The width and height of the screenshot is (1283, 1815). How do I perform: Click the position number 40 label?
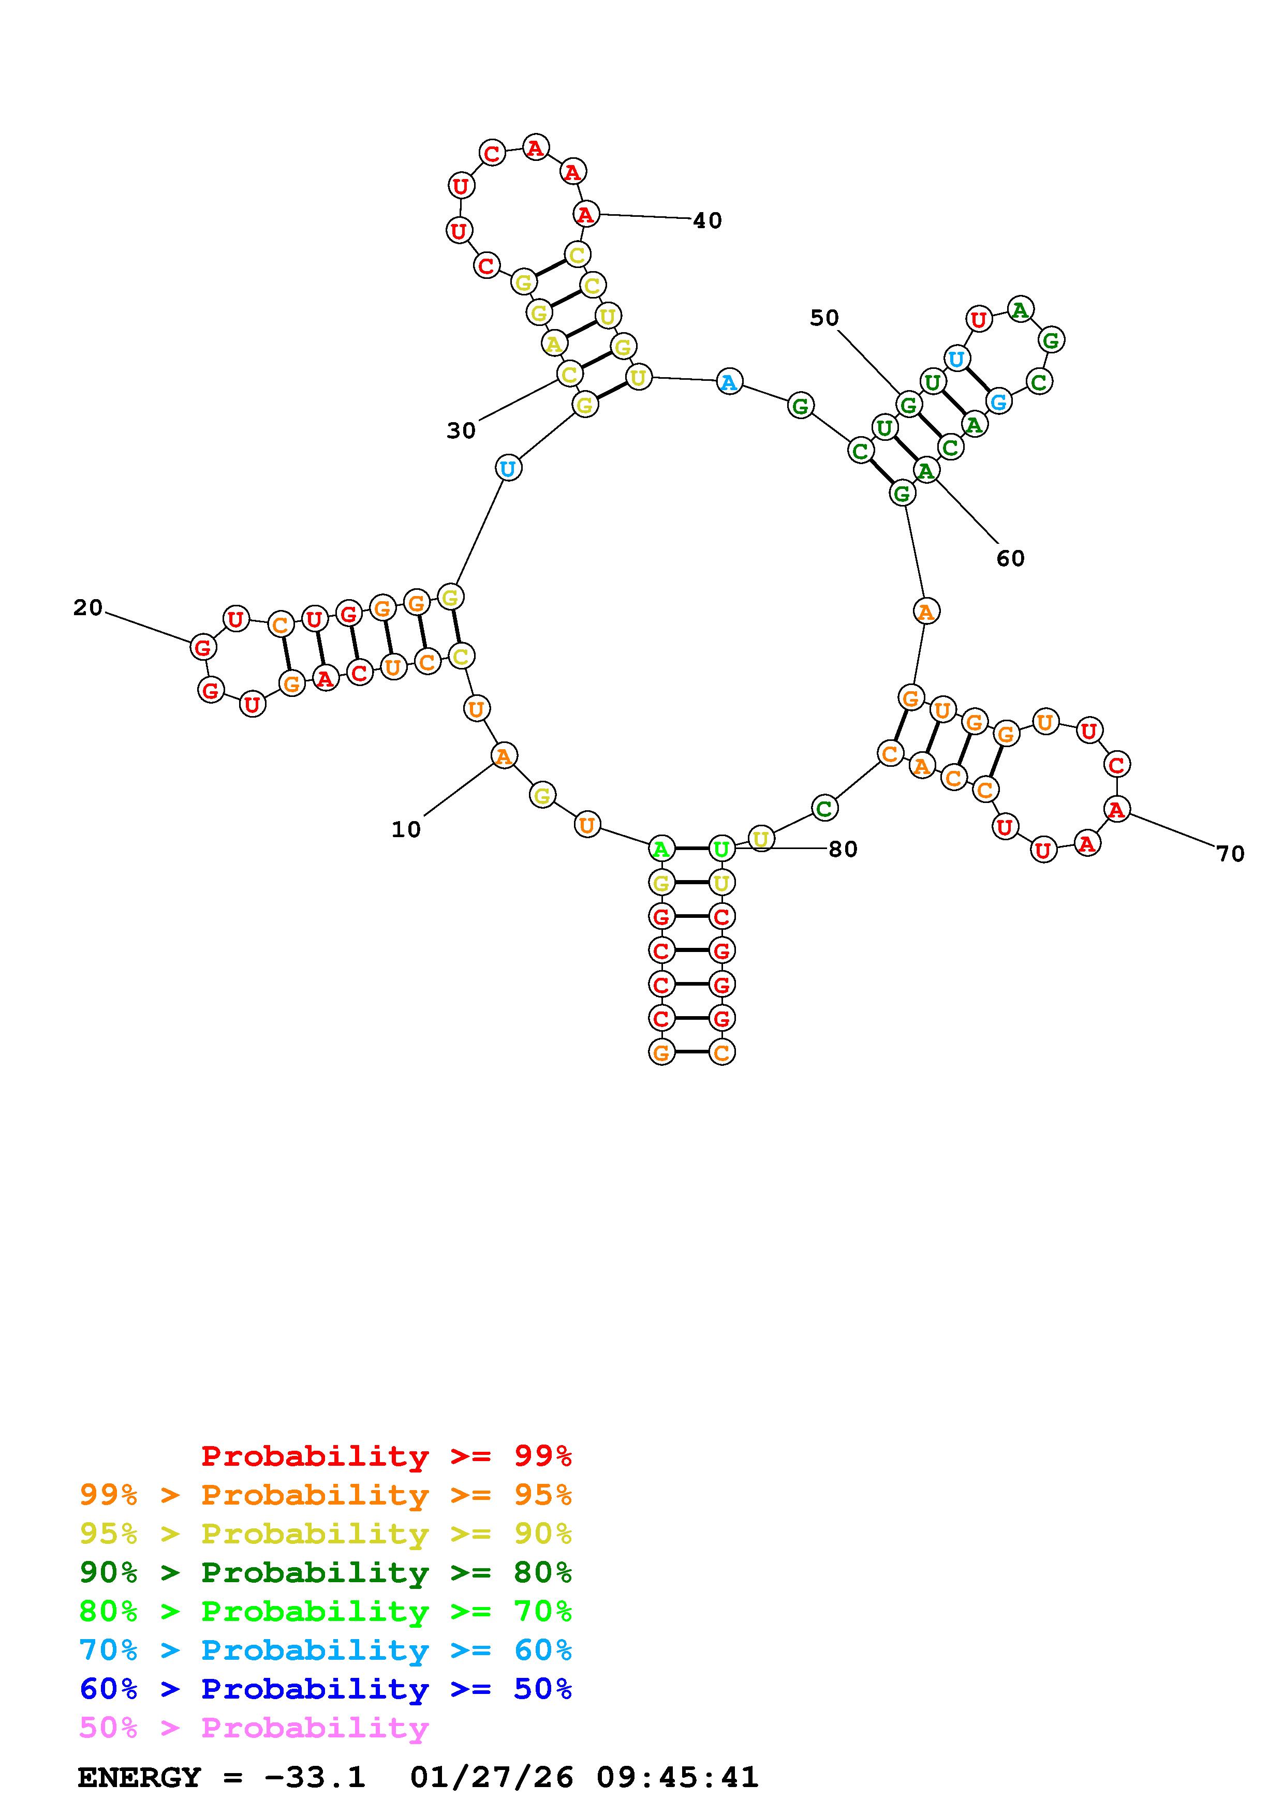click(x=707, y=220)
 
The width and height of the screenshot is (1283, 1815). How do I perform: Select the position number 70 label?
click(x=1230, y=854)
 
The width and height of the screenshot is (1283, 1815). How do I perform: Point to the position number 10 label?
click(x=406, y=829)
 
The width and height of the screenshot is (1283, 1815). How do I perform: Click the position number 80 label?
click(x=843, y=849)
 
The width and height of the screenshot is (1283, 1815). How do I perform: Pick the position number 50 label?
click(x=824, y=318)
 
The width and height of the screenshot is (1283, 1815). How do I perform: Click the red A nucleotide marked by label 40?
click(x=585, y=214)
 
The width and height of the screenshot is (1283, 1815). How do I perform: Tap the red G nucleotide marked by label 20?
click(x=203, y=647)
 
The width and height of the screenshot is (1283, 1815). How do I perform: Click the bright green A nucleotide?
click(x=661, y=850)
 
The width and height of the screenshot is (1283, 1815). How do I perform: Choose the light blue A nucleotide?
click(x=729, y=382)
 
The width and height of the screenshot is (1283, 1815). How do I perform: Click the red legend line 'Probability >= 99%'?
click(x=387, y=1455)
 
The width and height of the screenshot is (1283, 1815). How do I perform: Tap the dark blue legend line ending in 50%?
click(x=326, y=1689)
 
